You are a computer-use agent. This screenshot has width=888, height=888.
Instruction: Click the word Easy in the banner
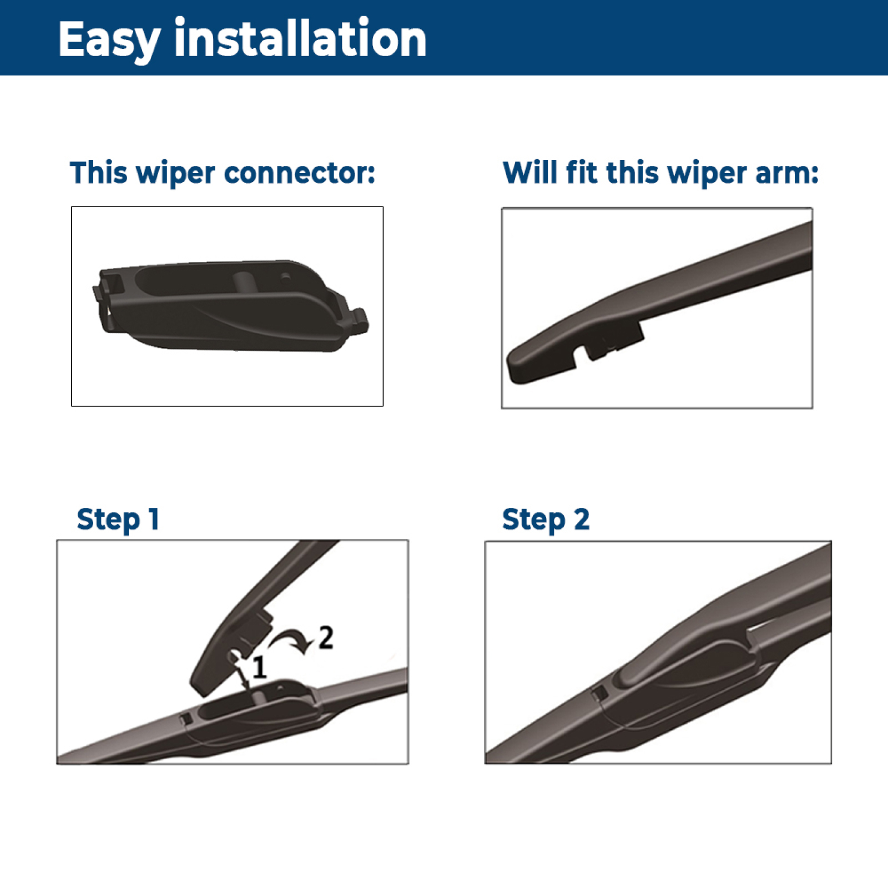(x=109, y=40)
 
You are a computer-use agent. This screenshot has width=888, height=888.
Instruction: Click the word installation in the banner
(x=300, y=37)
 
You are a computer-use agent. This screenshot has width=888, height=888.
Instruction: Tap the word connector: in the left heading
(x=300, y=173)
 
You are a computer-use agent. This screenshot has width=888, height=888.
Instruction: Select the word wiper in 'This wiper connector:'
(x=175, y=174)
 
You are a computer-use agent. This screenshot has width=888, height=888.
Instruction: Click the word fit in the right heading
(x=582, y=172)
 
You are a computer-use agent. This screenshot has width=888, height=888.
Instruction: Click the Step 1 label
(x=118, y=520)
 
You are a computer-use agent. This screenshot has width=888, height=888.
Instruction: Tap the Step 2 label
(x=546, y=520)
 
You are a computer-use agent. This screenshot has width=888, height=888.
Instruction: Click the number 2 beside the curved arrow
(x=326, y=637)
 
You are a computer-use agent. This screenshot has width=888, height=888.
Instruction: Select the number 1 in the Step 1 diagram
(x=260, y=667)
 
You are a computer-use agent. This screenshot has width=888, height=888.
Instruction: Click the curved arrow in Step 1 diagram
(x=290, y=639)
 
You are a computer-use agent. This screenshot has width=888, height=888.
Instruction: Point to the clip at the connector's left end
(x=100, y=294)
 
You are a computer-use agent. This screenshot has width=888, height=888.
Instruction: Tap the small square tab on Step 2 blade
(x=599, y=693)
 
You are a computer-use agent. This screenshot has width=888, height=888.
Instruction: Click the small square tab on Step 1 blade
(x=186, y=718)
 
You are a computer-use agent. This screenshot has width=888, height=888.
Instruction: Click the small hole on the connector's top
(x=285, y=276)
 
